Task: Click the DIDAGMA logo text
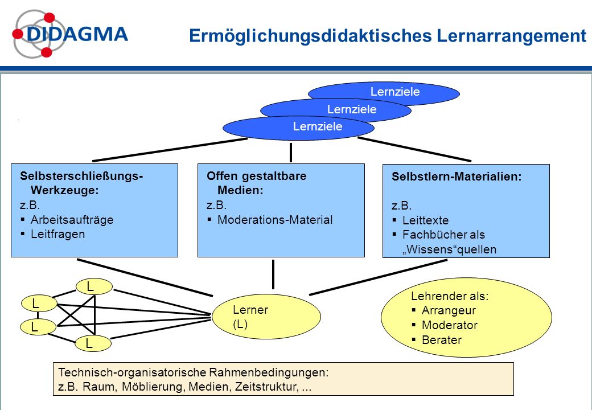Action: (77, 34)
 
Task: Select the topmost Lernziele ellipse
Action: (384, 93)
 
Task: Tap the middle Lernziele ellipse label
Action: (352, 109)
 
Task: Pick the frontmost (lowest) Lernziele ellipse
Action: (299, 128)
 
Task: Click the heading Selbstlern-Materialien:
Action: (457, 177)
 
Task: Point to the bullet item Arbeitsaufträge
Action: (72, 220)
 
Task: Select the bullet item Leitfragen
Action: (57, 234)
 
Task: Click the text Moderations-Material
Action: (275, 220)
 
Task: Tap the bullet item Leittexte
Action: (426, 220)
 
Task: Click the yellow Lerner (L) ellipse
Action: (266, 317)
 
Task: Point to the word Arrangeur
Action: (449, 310)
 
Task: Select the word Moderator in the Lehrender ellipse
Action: (450, 325)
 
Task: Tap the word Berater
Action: (442, 340)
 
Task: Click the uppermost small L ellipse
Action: (94, 286)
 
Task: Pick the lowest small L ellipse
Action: (93, 343)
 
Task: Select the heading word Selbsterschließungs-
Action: (81, 177)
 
